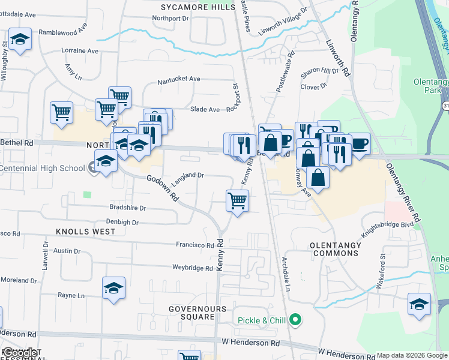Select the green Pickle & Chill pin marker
pyautogui.click(x=295, y=320)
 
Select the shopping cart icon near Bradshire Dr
pyautogui.click(x=238, y=201)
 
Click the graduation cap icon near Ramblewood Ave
pyautogui.click(x=20, y=40)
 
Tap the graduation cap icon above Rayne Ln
pyautogui.click(x=113, y=289)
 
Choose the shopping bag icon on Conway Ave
pyautogui.click(x=318, y=178)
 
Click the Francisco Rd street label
pyautogui.click(x=194, y=245)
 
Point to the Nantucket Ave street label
pyautogui.click(x=178, y=79)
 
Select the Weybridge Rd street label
pyautogui.click(x=193, y=268)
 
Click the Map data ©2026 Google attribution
pyautogui.click(x=411, y=355)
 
